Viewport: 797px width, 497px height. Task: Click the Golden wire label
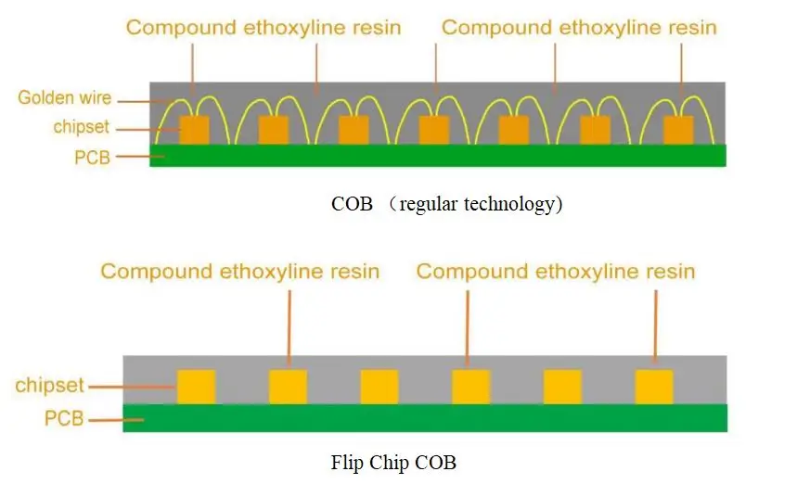(x=65, y=97)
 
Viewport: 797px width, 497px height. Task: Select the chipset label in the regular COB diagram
(x=82, y=126)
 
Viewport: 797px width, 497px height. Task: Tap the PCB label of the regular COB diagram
(x=92, y=158)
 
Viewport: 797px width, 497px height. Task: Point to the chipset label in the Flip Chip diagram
(x=49, y=386)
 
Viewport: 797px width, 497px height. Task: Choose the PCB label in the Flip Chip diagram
(x=64, y=418)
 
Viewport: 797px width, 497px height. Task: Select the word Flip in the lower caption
(x=347, y=463)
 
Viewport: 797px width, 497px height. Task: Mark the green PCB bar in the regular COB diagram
(x=438, y=156)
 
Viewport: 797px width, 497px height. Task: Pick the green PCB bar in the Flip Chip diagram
(x=425, y=418)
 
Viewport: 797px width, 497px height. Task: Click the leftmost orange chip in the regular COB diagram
(x=194, y=130)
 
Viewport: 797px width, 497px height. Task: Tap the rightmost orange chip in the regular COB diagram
(x=678, y=130)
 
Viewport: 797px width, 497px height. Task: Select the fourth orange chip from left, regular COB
(x=434, y=130)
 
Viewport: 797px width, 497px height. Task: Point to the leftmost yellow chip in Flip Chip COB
(x=196, y=388)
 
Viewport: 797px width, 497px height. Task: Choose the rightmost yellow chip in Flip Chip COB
(x=654, y=388)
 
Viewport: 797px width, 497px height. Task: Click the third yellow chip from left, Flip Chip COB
(x=379, y=388)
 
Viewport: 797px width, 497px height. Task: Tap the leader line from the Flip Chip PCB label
(x=116, y=420)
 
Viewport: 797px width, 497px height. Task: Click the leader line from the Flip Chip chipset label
(x=132, y=388)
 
